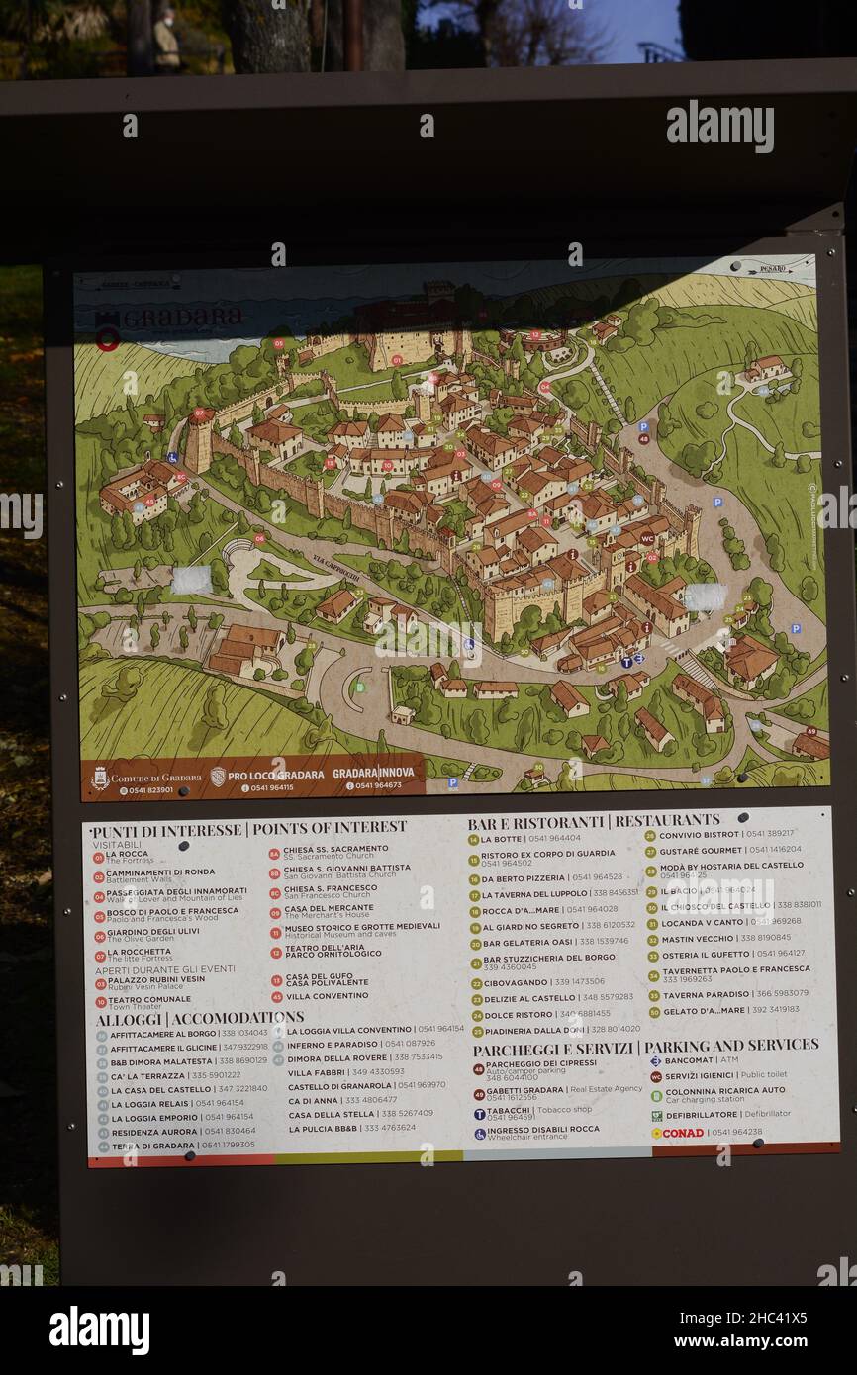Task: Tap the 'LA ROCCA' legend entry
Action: [127, 853]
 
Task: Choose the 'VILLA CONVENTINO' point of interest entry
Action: [327, 996]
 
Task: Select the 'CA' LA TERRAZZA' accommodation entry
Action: [147, 1075]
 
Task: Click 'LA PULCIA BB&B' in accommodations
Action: [323, 1128]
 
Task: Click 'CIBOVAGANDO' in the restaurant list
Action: [515, 982]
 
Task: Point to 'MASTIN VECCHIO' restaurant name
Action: [698, 938]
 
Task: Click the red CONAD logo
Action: [677, 1132]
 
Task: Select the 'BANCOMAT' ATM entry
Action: [689, 1060]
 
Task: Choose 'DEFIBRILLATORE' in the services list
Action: [702, 1114]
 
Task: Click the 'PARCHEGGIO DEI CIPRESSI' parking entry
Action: [540, 1063]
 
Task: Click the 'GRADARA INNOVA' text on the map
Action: [366, 773]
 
